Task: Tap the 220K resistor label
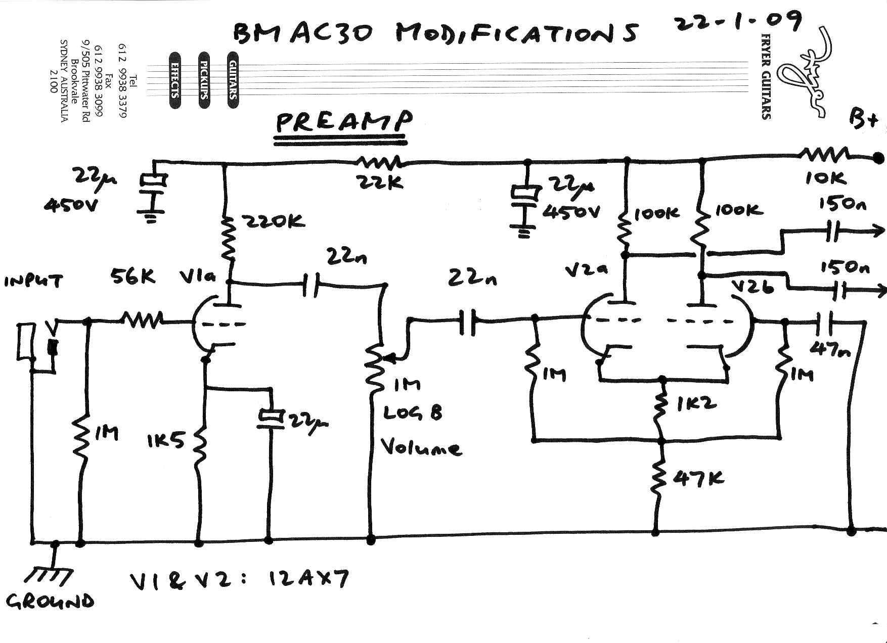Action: click(x=275, y=221)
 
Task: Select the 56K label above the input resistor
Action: click(x=133, y=277)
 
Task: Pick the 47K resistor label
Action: click(x=698, y=478)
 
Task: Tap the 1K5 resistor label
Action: click(x=165, y=441)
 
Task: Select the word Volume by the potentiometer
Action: click(x=420, y=447)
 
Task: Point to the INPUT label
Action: click(x=34, y=281)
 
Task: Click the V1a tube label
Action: click(x=198, y=277)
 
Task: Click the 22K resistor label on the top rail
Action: click(x=380, y=182)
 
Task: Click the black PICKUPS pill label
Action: click(x=204, y=80)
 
